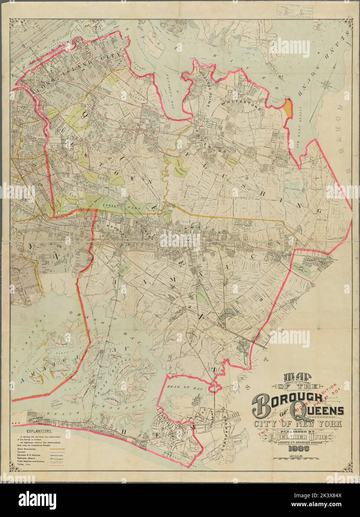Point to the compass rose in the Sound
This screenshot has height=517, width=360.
[326, 84]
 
